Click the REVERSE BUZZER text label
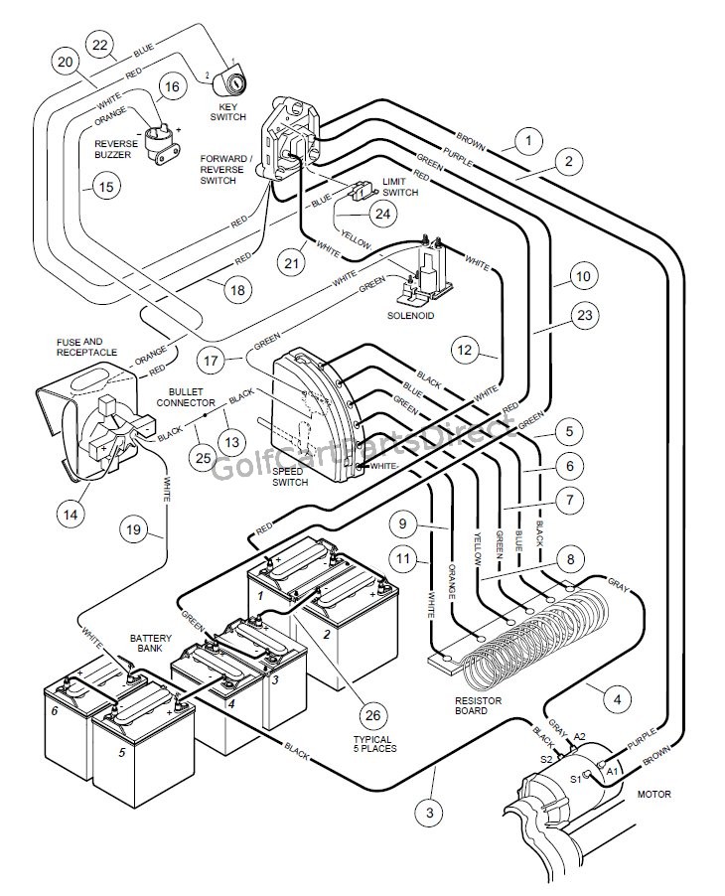coord(117,150)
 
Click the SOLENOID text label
coord(411,315)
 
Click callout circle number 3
coord(430,814)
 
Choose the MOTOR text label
coord(654,794)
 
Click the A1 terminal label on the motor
coord(614,770)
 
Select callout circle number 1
coord(529,141)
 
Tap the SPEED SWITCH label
coord(289,477)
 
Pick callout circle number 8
coord(569,559)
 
